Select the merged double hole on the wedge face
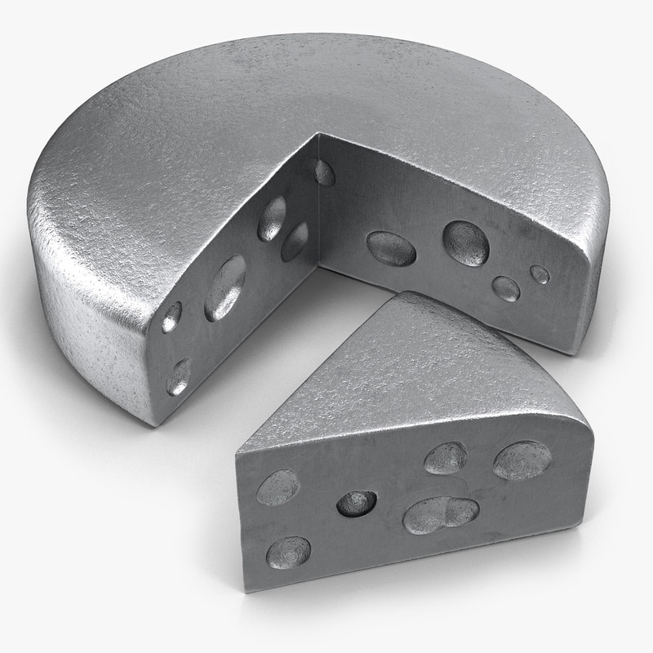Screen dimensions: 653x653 point(440,514)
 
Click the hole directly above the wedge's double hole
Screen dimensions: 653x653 point(446,458)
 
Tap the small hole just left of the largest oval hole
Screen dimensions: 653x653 point(173,317)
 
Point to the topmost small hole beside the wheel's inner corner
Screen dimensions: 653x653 point(324,171)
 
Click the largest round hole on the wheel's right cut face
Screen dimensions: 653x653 point(465,242)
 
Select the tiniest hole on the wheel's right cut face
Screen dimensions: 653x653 point(539,273)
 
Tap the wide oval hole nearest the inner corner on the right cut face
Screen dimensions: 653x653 point(392,247)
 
